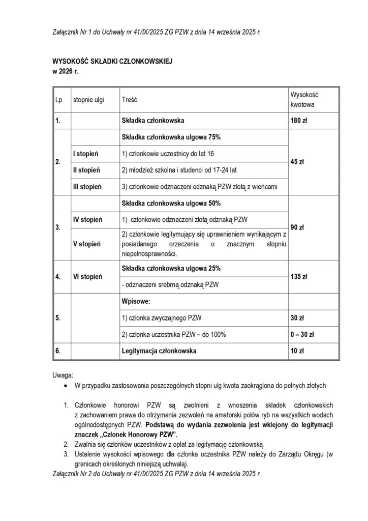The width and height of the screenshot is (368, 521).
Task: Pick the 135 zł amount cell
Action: [x=299, y=277]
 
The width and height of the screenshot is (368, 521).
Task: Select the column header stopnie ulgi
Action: [x=88, y=100]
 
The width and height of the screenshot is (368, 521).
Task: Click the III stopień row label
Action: [x=88, y=187]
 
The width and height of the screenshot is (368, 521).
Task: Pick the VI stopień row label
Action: [x=88, y=277]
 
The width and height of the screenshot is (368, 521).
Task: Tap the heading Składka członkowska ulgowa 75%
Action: [x=171, y=137]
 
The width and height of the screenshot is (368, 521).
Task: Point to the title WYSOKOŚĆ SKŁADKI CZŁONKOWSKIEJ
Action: [x=113, y=62]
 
